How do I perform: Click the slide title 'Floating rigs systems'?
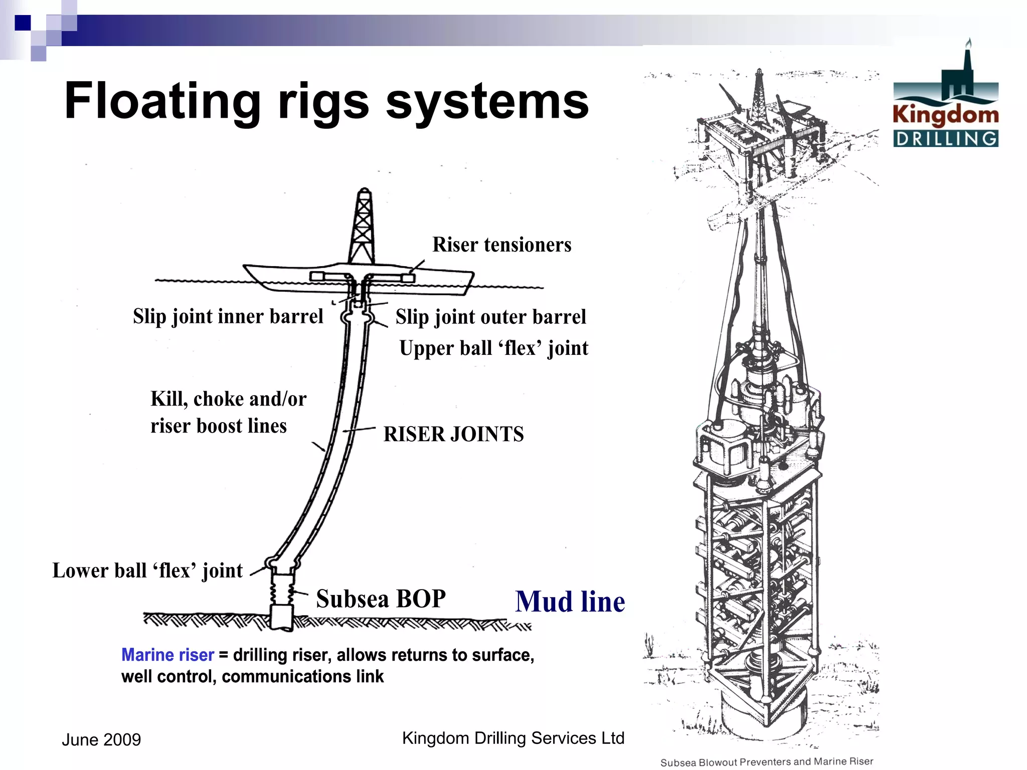tap(326, 101)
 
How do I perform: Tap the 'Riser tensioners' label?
tap(501, 245)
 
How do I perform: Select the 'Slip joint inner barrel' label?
tap(228, 316)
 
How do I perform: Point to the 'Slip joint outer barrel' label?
tap(490, 317)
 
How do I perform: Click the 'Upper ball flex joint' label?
tap(493, 348)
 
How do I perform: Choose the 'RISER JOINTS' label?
tap(453, 434)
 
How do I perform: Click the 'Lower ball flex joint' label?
tap(147, 570)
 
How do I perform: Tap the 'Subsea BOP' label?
tap(381, 599)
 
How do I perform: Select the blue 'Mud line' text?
tap(570, 602)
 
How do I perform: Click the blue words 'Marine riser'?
tap(167, 655)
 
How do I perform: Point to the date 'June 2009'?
tap(101, 739)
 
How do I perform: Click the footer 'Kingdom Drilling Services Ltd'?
tap(513, 738)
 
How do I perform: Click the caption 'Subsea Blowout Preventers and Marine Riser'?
tap(767, 762)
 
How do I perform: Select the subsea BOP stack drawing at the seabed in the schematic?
tap(282, 602)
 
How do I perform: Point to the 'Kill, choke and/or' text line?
tap(228, 399)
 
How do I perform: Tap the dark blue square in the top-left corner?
tap(23, 23)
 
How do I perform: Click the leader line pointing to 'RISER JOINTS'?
tap(359, 430)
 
